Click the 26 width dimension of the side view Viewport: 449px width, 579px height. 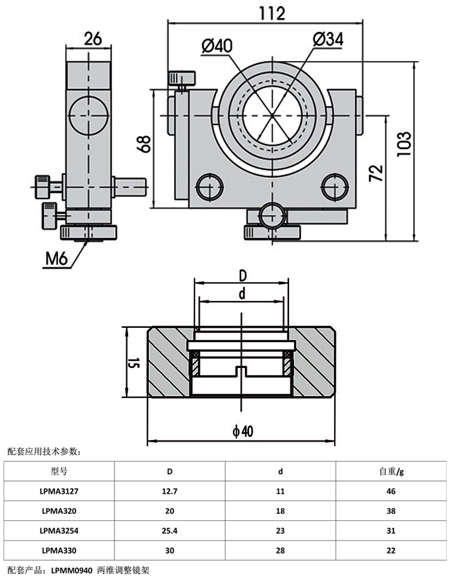(92, 39)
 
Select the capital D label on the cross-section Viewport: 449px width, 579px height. (242, 276)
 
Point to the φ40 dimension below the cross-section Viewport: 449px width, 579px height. (241, 432)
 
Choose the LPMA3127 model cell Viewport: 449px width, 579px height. (60, 491)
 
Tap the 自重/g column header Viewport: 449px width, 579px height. (392, 471)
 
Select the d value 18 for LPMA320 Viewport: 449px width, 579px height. (280, 511)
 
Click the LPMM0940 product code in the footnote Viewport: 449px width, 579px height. (72, 571)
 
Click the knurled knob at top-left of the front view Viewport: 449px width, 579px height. (181, 77)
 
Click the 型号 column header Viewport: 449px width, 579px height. (60, 471)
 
